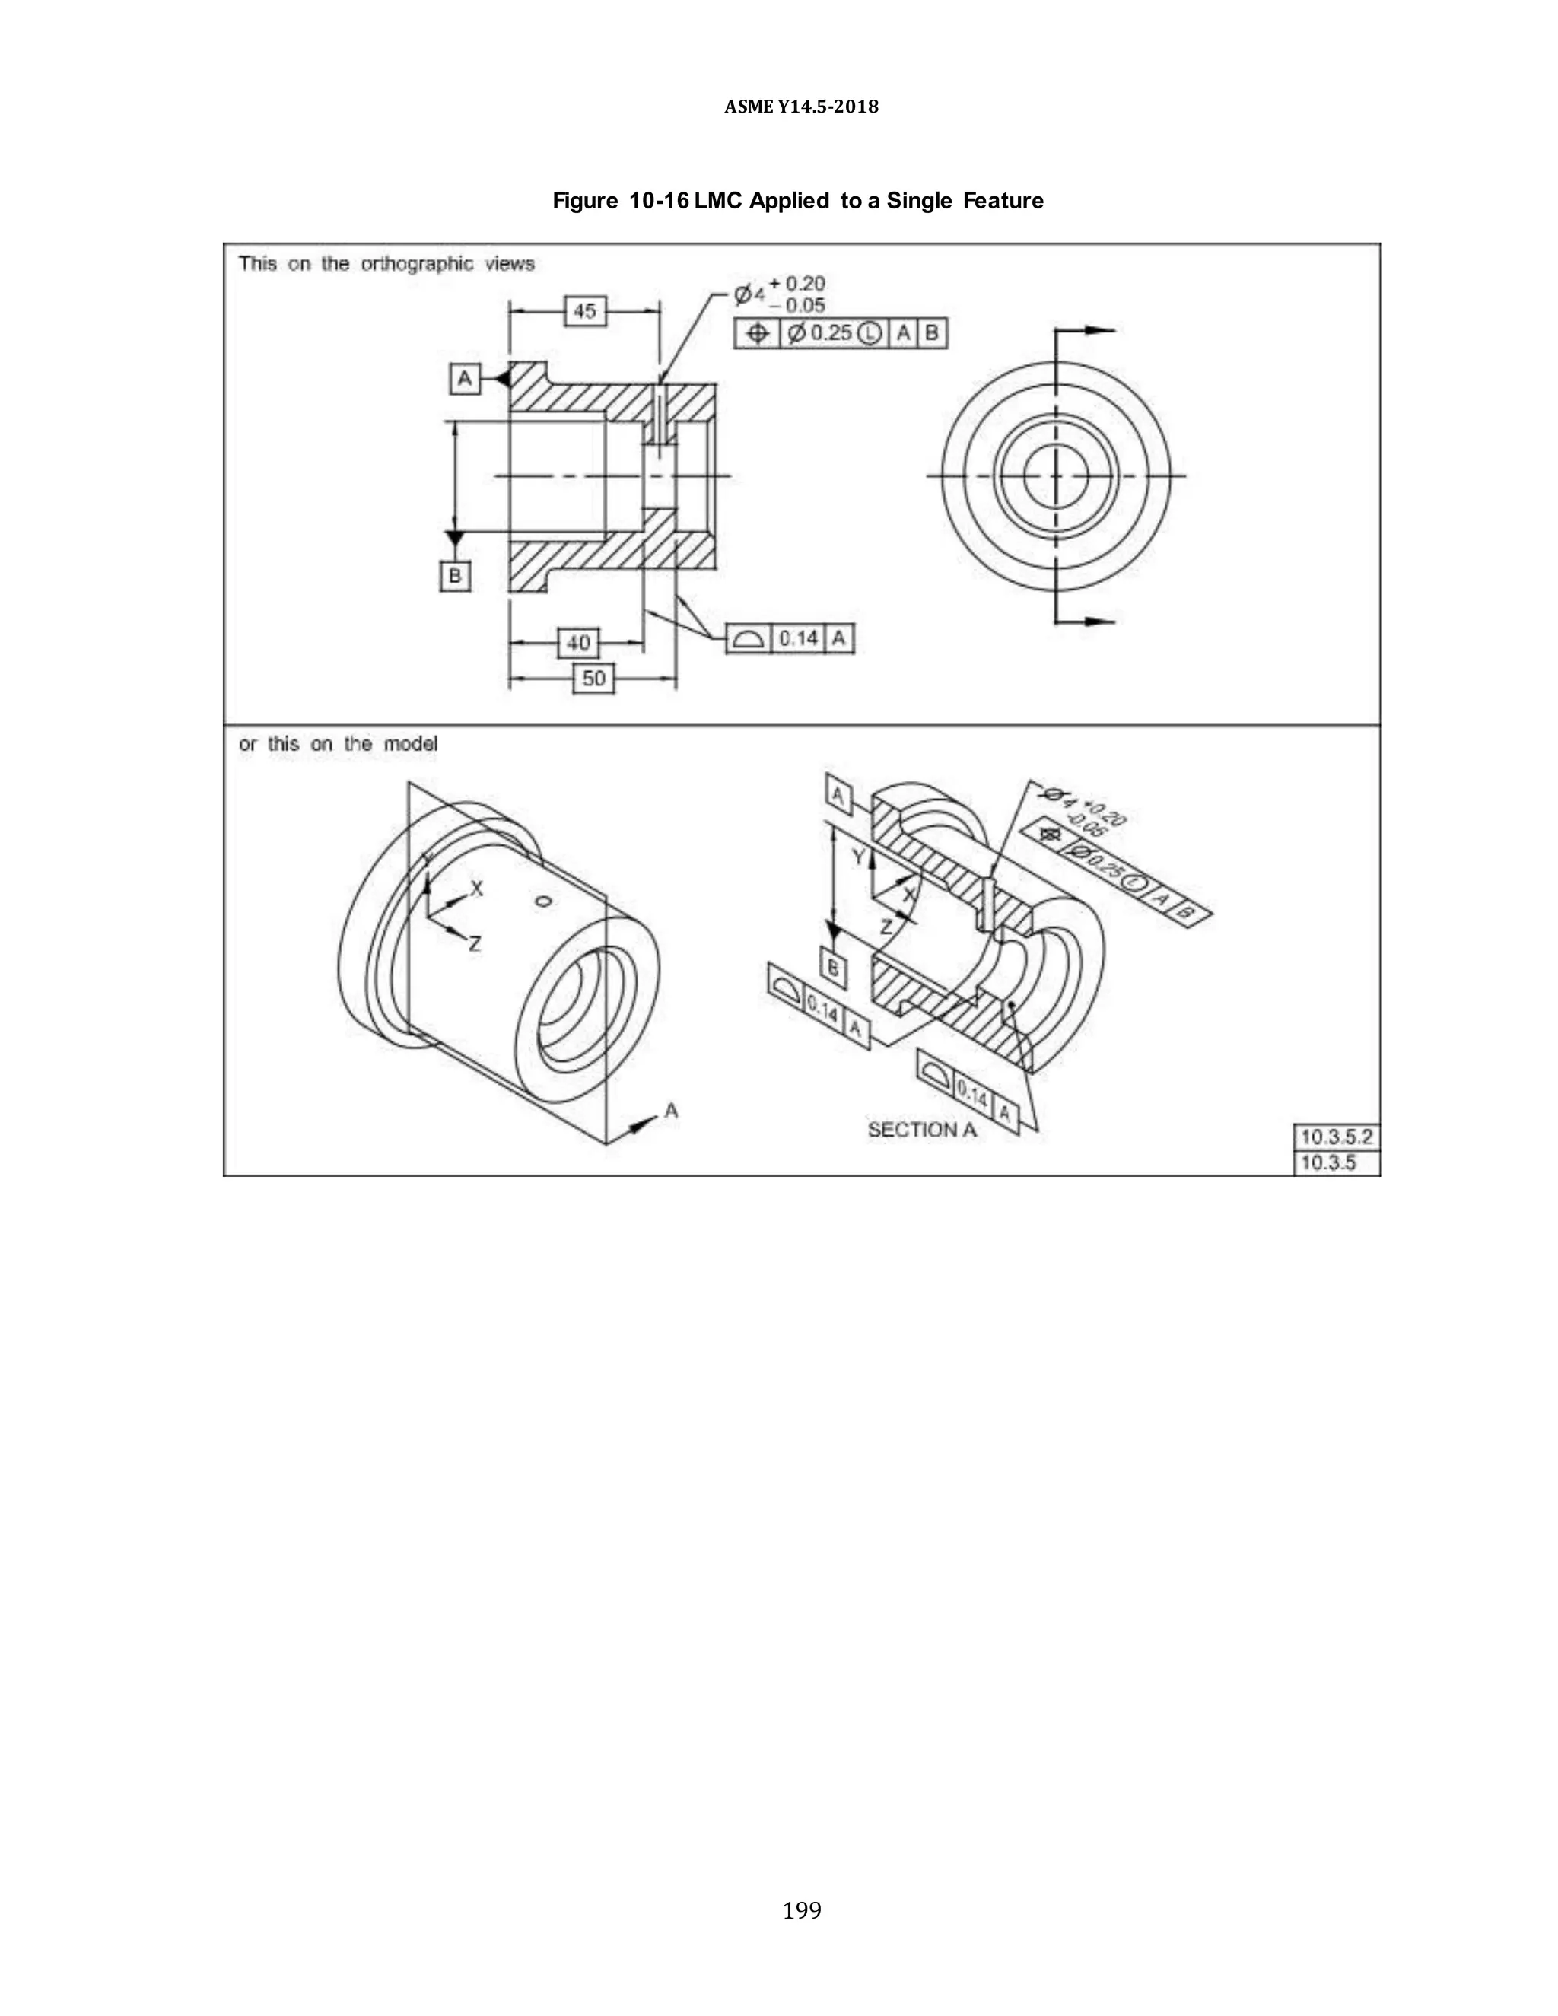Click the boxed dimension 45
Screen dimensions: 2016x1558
click(x=584, y=311)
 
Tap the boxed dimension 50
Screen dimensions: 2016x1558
click(x=593, y=679)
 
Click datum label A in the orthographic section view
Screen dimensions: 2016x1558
click(x=464, y=378)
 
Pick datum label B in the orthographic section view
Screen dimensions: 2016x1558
click(x=454, y=576)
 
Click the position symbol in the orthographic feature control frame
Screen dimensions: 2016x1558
click(x=757, y=333)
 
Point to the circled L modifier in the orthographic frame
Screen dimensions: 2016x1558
click(x=870, y=333)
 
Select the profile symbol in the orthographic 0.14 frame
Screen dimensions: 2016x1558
click(x=749, y=639)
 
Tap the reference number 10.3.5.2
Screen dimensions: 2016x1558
click(x=1336, y=1137)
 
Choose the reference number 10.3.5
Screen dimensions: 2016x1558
click(x=1328, y=1162)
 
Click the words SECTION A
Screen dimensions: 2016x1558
click(x=921, y=1129)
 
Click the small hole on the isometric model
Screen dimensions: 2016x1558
click(x=544, y=901)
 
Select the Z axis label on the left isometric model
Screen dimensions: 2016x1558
click(x=475, y=943)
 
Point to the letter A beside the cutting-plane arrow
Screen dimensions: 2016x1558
click(x=671, y=1111)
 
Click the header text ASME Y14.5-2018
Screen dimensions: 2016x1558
click(x=801, y=107)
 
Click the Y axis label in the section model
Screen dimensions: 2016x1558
click(x=857, y=857)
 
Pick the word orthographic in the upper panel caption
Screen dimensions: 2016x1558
click(x=416, y=264)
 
